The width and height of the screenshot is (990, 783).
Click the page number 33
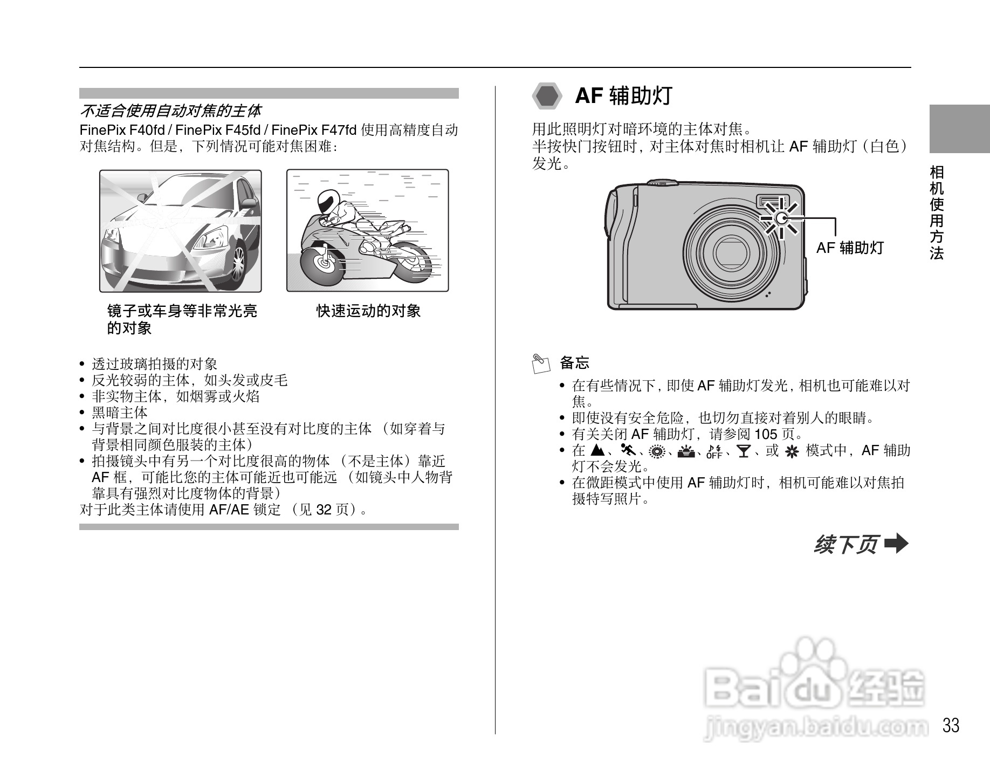click(951, 725)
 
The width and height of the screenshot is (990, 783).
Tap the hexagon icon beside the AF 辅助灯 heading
click(547, 97)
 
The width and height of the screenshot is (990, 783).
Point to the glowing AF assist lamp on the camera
click(781, 218)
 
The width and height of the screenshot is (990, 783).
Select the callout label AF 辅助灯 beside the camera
click(850, 248)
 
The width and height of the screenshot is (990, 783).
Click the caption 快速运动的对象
click(368, 311)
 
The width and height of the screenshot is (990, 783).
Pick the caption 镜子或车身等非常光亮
click(182, 311)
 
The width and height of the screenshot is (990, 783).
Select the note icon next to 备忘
click(540, 364)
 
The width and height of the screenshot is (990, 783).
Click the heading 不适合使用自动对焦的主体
click(170, 111)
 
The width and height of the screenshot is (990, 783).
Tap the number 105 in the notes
click(766, 434)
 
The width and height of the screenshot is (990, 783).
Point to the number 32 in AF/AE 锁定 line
click(324, 510)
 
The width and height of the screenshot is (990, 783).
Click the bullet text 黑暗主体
click(120, 413)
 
